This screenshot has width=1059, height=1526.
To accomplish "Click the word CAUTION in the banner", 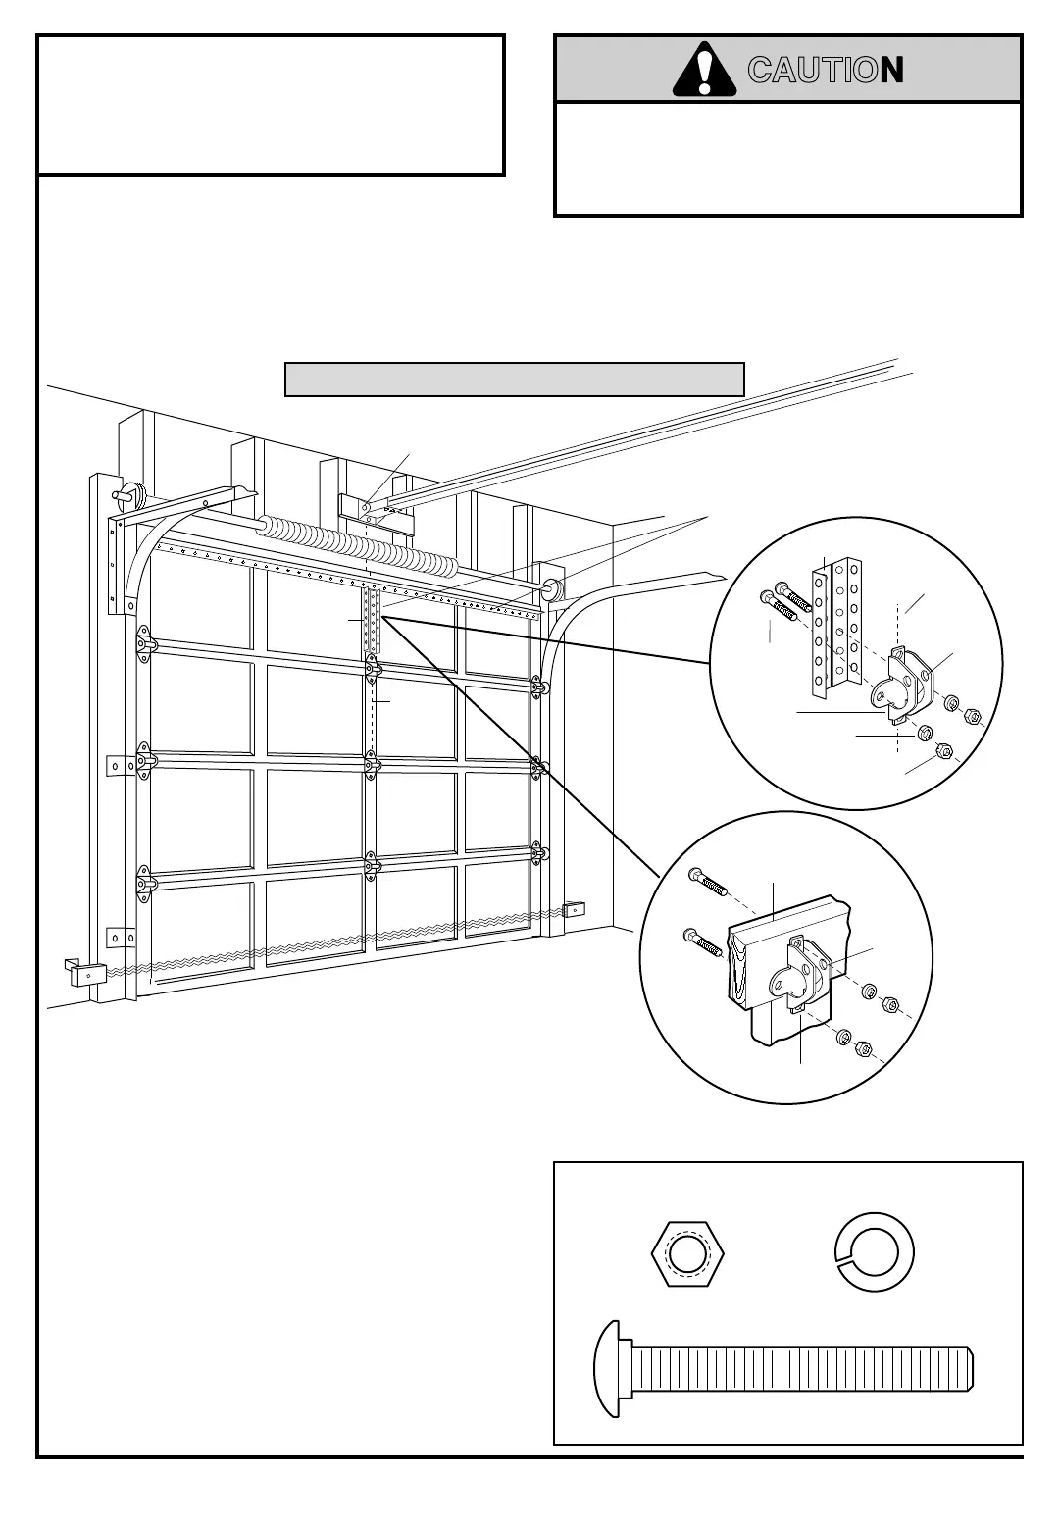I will pyautogui.click(x=825, y=70).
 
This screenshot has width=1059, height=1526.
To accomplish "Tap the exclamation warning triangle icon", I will pyautogui.click(x=704, y=69).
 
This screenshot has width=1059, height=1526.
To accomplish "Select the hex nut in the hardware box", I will pyautogui.click(x=686, y=1253).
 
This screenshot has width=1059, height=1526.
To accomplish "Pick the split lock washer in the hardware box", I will pyautogui.click(x=875, y=1253).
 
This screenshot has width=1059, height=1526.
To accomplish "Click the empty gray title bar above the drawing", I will pyautogui.click(x=514, y=379).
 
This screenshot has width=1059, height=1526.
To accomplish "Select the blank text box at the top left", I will pyautogui.click(x=271, y=105).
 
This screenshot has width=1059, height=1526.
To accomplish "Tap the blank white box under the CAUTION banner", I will pyautogui.click(x=788, y=159).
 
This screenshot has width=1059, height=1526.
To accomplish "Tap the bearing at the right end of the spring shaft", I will pyautogui.click(x=548, y=589).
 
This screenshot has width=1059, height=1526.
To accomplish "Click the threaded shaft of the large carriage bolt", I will pyautogui.click(x=804, y=1368).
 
